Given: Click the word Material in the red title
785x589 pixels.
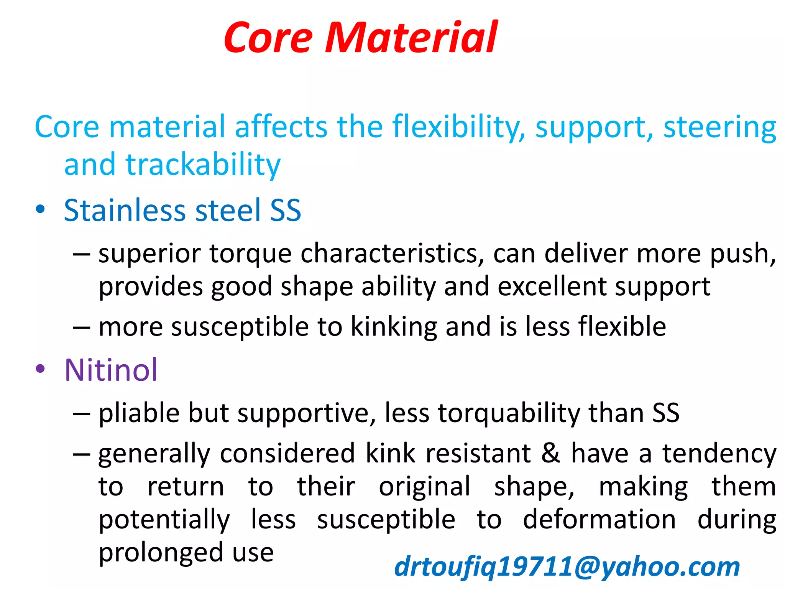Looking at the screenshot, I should pyautogui.click(x=411, y=38).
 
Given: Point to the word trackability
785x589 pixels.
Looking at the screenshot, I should pyautogui.click(x=203, y=165).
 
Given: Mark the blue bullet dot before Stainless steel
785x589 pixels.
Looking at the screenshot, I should pyautogui.click(x=40, y=210).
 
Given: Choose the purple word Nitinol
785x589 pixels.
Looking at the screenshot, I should pyautogui.click(x=111, y=370).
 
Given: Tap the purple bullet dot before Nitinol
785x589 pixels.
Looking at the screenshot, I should pyautogui.click(x=40, y=369).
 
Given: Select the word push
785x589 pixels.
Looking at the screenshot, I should pyautogui.click(x=742, y=254).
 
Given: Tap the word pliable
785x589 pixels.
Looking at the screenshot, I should pyautogui.click(x=139, y=413).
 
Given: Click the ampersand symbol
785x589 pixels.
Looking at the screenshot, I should pyautogui.click(x=551, y=453).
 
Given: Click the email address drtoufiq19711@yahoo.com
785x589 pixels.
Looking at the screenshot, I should pyautogui.click(x=567, y=567).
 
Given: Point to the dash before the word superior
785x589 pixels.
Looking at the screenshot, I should pyautogui.click(x=81, y=254).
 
